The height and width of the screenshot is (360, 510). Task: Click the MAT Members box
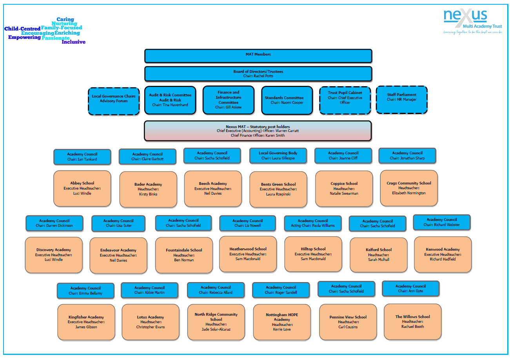258,56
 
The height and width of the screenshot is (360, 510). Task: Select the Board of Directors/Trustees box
258,74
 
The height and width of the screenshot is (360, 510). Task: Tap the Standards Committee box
287,100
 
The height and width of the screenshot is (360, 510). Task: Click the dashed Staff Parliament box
401,100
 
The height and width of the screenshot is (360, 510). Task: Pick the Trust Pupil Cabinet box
345,100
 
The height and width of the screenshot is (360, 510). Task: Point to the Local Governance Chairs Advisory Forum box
114,101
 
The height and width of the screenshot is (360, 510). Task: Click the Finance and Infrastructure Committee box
228,100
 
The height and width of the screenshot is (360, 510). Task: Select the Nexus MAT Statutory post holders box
258,131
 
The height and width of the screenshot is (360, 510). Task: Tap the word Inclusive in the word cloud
73,42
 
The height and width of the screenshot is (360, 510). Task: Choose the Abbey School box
82,188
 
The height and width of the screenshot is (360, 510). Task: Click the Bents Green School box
278,189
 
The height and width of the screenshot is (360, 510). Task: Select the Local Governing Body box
278,156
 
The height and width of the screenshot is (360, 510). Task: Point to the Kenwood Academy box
443,254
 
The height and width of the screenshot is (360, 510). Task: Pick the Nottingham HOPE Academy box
282,322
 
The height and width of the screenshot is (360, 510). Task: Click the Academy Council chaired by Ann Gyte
410,289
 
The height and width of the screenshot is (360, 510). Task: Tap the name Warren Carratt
287,131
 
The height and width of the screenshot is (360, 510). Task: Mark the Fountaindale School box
184,255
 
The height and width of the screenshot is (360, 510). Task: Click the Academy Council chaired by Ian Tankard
82,157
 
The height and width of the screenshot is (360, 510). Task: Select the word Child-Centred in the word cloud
22,29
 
